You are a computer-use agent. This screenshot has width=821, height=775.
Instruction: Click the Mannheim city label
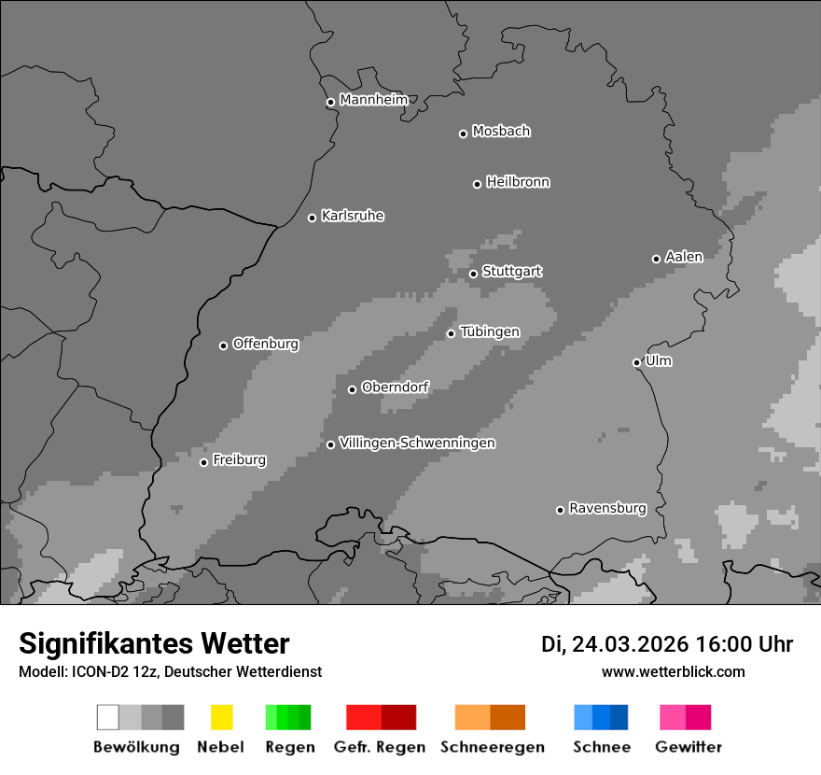[x=373, y=100]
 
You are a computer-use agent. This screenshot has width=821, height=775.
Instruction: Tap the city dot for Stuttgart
[x=473, y=274]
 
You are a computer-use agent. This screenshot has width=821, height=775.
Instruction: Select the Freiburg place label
[x=239, y=460]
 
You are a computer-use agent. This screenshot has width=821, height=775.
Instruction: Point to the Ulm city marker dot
[x=636, y=362]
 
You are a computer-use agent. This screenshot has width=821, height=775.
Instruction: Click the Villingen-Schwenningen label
[x=417, y=443]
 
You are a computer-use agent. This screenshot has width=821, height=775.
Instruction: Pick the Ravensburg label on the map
[x=607, y=508]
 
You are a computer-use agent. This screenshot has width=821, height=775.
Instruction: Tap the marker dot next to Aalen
[x=656, y=259]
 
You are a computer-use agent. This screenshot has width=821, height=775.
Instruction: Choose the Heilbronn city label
[x=518, y=182]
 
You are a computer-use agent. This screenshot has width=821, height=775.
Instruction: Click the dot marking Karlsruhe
[x=312, y=218]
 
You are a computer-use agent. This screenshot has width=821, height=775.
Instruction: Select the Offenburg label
[x=265, y=344]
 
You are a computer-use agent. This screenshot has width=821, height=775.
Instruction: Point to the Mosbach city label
[x=501, y=132]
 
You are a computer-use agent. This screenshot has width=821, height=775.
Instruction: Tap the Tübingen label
[x=490, y=332]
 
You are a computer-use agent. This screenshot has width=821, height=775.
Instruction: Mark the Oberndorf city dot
[x=352, y=389]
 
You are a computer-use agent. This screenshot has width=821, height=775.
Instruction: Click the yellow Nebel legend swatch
[x=221, y=717]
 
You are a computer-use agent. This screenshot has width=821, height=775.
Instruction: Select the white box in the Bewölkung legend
[x=108, y=717]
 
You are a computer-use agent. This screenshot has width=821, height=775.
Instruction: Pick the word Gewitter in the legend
[x=689, y=747]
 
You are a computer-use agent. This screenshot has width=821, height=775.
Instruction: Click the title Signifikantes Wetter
[x=154, y=643]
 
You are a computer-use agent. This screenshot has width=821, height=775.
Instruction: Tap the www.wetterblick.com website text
[x=673, y=671]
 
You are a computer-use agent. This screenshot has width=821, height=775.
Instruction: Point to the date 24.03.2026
[x=630, y=644]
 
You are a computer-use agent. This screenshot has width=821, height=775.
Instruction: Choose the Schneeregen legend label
[x=492, y=747]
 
